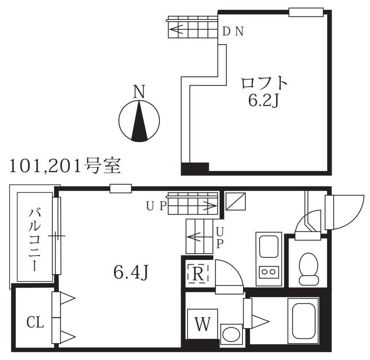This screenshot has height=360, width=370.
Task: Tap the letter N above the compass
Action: click(x=139, y=91)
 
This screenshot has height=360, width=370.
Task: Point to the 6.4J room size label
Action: click(x=131, y=272)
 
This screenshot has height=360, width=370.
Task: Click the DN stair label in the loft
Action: click(x=233, y=32)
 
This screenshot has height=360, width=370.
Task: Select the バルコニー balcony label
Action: click(x=35, y=239)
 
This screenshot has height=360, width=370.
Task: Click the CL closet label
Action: click(x=35, y=322)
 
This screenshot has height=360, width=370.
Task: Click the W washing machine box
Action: click(x=202, y=324)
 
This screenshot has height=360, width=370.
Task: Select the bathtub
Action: click(x=302, y=321)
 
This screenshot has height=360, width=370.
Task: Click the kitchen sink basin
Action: click(x=269, y=247)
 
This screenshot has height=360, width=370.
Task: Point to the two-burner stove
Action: click(x=269, y=272)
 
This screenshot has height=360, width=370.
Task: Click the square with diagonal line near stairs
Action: click(x=235, y=201)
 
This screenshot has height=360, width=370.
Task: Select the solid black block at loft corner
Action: click(x=195, y=168)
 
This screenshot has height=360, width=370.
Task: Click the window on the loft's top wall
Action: click(x=306, y=12)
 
